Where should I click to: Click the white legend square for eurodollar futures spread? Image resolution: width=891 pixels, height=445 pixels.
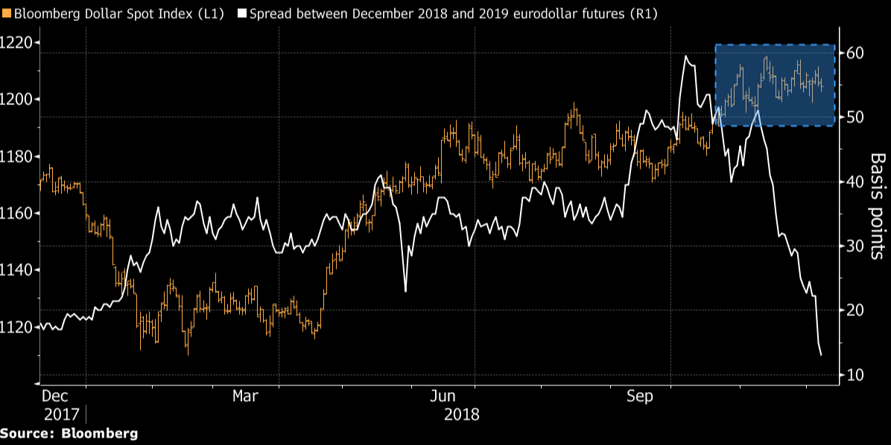(241, 13)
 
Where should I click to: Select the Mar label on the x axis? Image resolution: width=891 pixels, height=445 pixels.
(247, 396)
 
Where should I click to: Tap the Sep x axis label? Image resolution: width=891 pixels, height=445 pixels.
(639, 396)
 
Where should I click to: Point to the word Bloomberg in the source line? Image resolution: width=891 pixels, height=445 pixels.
(101, 433)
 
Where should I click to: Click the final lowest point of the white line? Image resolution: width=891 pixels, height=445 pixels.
(821, 355)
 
